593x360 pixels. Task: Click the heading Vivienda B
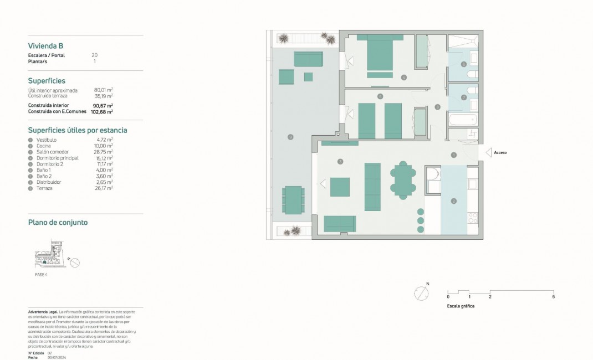49,47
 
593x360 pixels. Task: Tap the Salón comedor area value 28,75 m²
104,152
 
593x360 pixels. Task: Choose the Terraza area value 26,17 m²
104,188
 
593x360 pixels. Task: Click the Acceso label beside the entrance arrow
500,152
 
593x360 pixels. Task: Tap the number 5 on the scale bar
553,297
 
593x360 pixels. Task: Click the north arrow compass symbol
422,293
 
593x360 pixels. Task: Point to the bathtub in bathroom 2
462,120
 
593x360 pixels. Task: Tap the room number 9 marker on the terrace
290,137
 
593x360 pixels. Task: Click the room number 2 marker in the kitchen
453,201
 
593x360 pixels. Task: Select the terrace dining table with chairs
293,200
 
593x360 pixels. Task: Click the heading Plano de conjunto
58,223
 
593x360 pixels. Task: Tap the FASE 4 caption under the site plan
41,274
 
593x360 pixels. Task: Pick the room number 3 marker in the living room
340,162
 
